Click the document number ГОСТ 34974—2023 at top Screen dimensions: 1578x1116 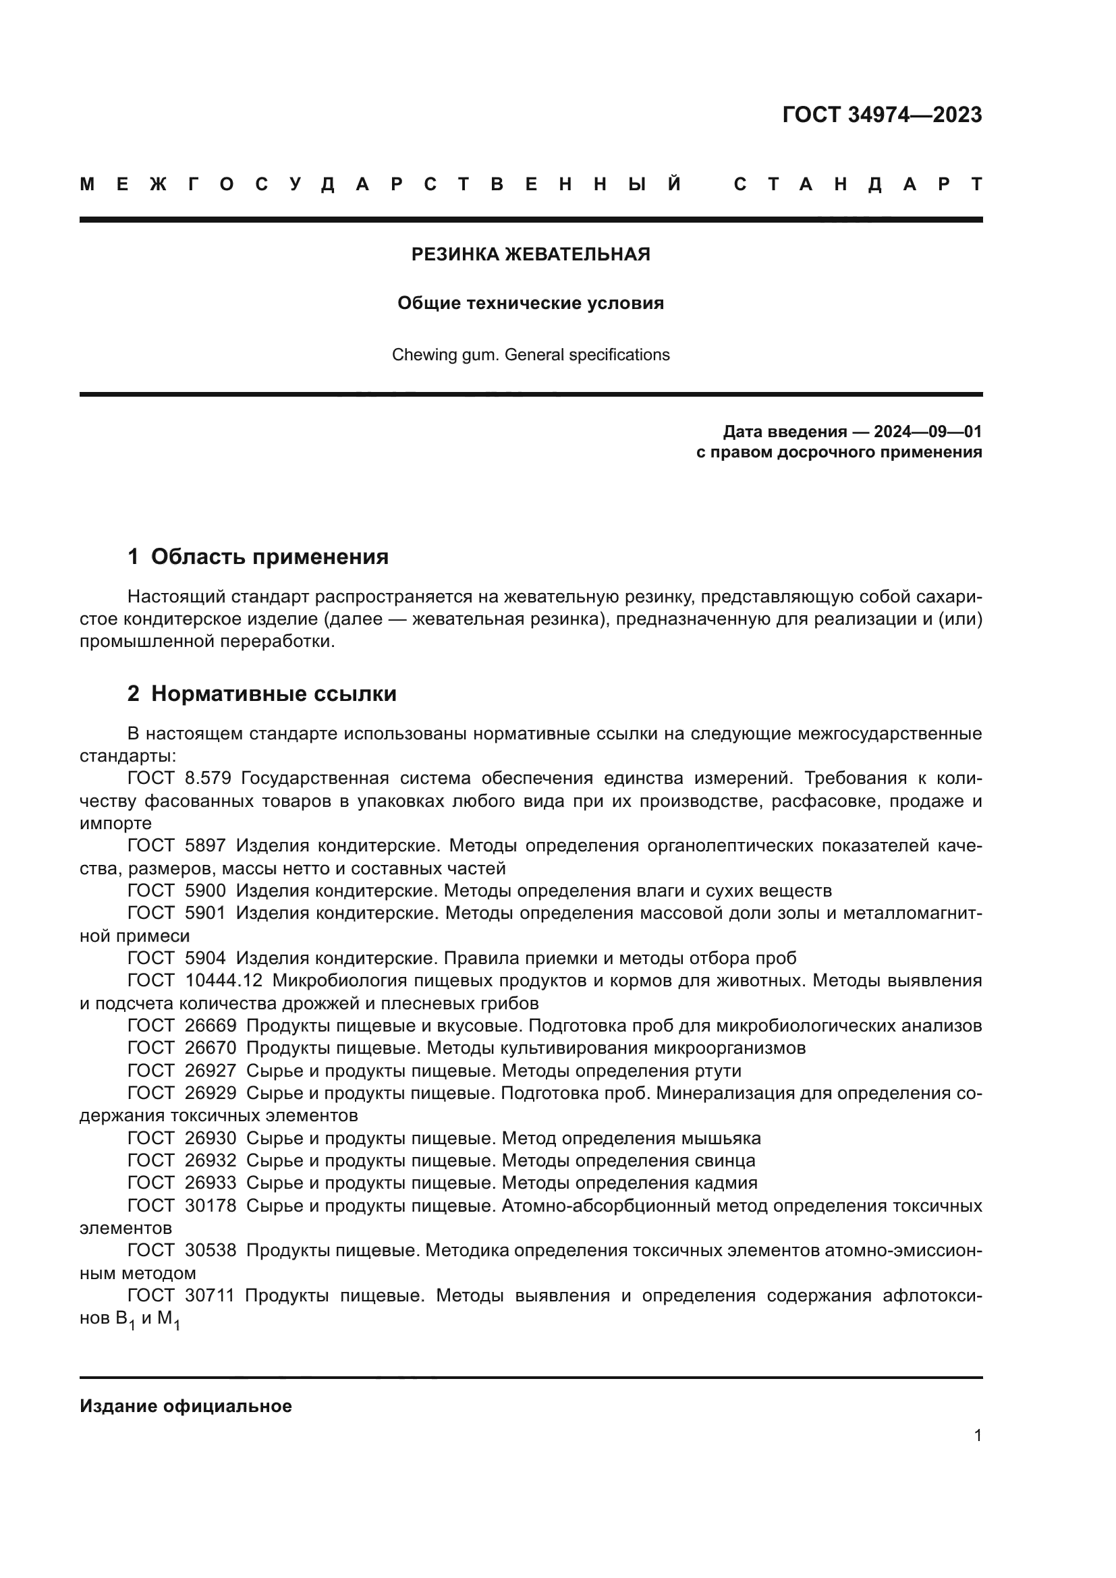[882, 115]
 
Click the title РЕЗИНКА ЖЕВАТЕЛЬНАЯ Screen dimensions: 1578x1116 [530, 254]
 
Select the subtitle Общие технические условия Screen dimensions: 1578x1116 [530, 303]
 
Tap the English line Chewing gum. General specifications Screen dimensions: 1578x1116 [530, 355]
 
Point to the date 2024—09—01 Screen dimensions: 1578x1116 [927, 432]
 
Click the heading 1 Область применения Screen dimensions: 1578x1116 [258, 557]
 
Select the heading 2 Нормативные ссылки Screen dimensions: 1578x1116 [262, 694]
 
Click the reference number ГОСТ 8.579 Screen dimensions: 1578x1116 [179, 779]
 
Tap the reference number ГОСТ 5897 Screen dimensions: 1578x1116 [176, 846]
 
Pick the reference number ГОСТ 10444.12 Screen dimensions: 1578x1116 [194, 981]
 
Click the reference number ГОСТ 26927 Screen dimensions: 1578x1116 [182, 1071]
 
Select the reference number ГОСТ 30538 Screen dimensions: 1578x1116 [182, 1250]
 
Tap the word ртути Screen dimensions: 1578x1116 [717, 1071]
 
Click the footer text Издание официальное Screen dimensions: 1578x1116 [186, 1406]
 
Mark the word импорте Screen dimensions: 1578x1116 [115, 823]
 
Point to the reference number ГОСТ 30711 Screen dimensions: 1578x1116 [181, 1295]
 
